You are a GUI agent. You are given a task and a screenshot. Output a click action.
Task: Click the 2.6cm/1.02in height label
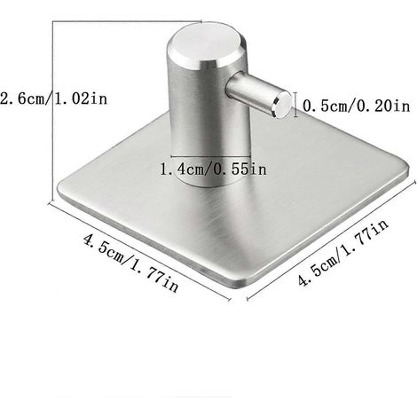coord(54,98)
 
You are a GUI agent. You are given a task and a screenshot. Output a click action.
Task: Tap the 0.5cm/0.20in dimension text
coord(357,106)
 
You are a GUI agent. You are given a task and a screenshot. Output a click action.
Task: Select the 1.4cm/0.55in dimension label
coord(213,169)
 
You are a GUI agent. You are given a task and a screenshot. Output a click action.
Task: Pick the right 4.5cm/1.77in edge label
coord(343,252)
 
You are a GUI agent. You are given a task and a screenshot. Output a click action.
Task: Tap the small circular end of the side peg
coord(283,104)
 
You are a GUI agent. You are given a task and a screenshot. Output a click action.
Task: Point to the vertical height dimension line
coord(53,112)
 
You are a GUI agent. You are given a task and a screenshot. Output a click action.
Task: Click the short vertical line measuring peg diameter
coord(296,104)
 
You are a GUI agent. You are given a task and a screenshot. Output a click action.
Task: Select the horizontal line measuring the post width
coord(210,156)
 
